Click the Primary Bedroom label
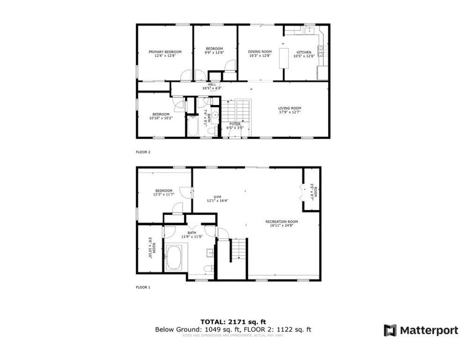(x=165, y=52)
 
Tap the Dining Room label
(x=260, y=52)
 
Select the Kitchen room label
(x=303, y=52)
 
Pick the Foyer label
(x=235, y=124)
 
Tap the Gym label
(x=217, y=197)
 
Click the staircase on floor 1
(x=239, y=250)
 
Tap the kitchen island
(x=283, y=58)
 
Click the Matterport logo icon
(x=390, y=330)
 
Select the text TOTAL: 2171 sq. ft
(x=233, y=322)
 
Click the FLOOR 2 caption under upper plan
(x=143, y=152)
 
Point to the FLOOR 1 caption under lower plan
(x=143, y=287)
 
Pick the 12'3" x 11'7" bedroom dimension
(x=164, y=194)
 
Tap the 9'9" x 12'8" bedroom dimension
(x=214, y=52)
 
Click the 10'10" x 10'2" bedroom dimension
(x=161, y=118)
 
